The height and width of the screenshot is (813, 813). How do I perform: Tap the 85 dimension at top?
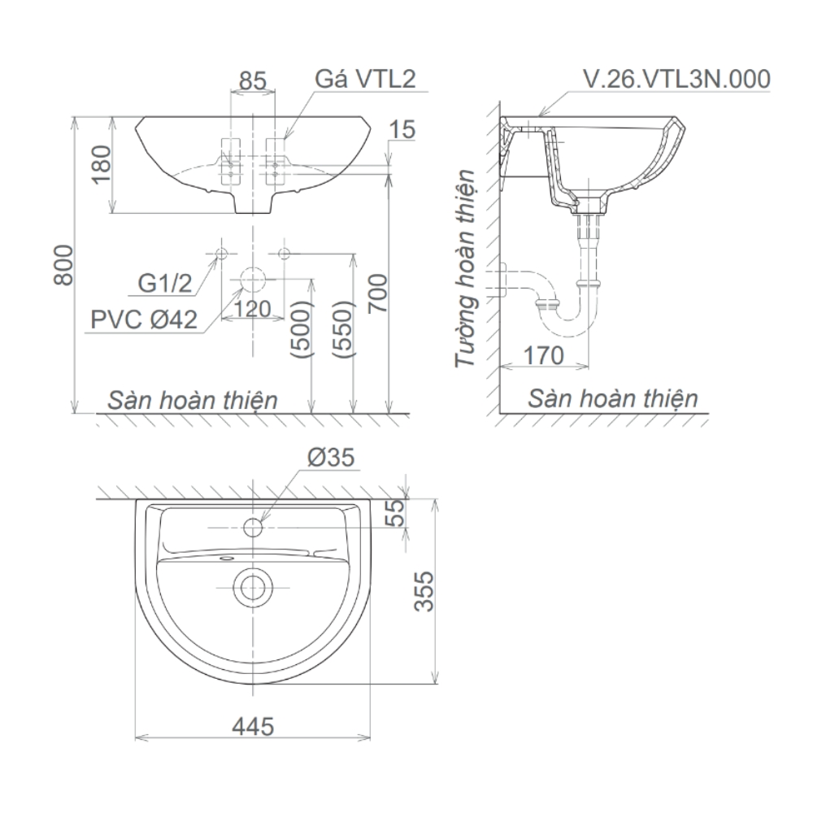coord(254,80)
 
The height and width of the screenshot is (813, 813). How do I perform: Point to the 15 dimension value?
coord(402,129)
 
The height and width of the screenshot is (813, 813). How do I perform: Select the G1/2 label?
coord(164,283)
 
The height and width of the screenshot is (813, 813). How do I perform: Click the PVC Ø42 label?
coord(144,320)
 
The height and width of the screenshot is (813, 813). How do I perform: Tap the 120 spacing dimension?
coord(252,308)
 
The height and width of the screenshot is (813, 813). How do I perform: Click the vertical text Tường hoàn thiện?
coord(465,269)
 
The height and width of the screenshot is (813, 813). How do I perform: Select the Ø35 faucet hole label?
coord(331,458)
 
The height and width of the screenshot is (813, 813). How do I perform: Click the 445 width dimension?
coord(252,725)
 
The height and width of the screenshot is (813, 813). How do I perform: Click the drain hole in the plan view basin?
coord(253,585)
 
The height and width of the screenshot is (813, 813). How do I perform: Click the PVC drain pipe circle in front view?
coord(253,280)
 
